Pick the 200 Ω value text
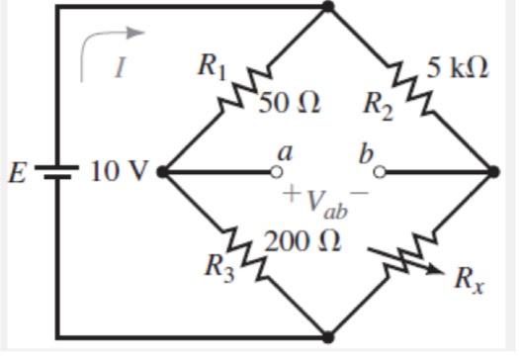point(303,240)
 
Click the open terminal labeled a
point(277,171)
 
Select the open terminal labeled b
point(378,171)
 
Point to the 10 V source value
point(119,171)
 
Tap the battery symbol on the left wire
point(56,171)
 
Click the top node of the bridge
point(329,8)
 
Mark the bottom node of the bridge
point(329,335)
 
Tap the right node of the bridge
point(494,171)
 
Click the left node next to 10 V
point(162,171)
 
